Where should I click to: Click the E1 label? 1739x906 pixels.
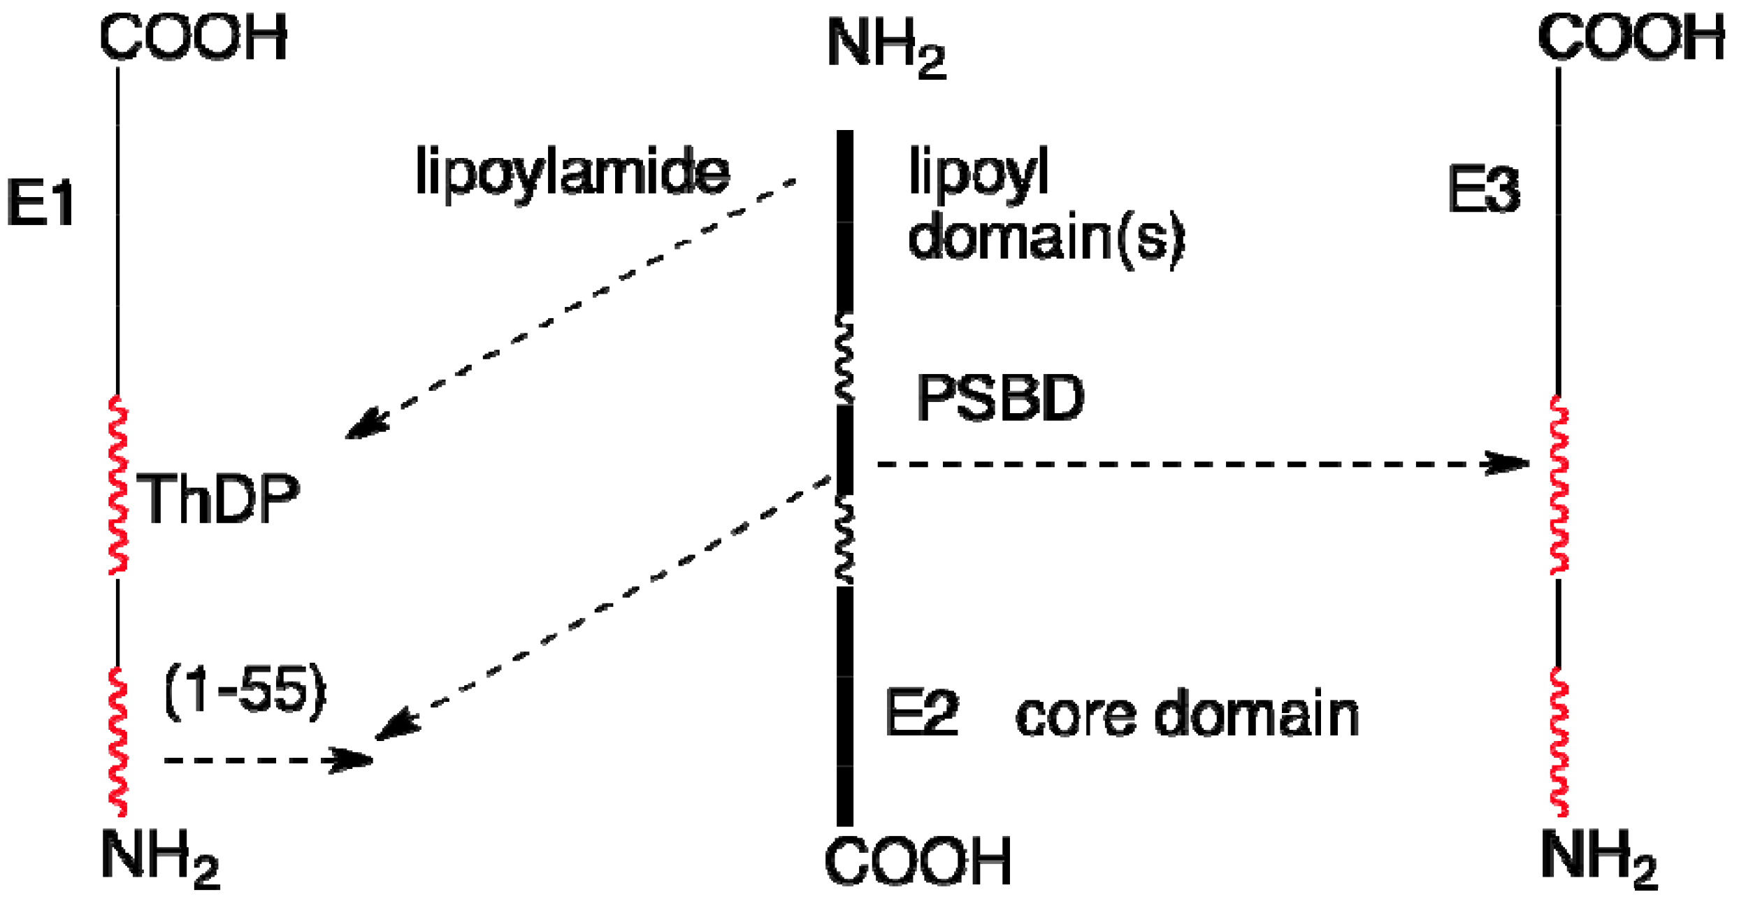(x=41, y=203)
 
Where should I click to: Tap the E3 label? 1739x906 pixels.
(x=1483, y=190)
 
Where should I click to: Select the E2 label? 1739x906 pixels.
(x=921, y=713)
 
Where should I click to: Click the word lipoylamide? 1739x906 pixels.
(x=572, y=171)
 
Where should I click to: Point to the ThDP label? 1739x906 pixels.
(x=218, y=498)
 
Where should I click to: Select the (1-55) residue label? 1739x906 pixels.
(x=245, y=691)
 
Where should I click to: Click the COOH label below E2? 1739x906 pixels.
(x=918, y=861)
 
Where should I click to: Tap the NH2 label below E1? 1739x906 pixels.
(x=160, y=858)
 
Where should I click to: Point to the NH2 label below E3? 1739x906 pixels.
(x=1599, y=858)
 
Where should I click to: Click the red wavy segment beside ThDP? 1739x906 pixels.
(x=118, y=487)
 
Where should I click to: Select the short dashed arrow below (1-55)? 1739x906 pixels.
(x=266, y=759)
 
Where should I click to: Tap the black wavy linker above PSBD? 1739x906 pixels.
(x=845, y=358)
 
